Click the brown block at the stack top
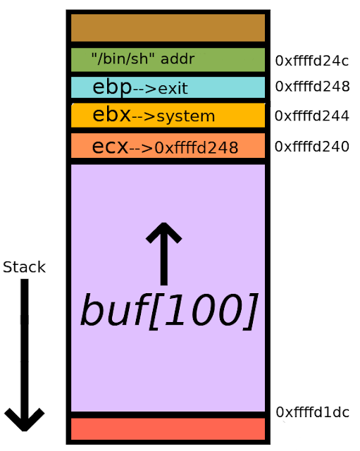click(x=168, y=28)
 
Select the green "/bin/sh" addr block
click(x=168, y=59)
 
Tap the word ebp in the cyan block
click(x=112, y=87)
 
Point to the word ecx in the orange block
click(x=110, y=147)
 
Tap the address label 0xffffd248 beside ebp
click(x=311, y=87)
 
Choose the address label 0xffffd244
click(x=311, y=116)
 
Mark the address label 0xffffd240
click(x=311, y=147)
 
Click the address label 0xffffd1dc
click(x=311, y=412)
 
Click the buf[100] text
click(x=168, y=311)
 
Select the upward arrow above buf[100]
click(x=163, y=252)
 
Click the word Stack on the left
click(x=24, y=267)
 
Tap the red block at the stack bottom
click(x=168, y=428)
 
